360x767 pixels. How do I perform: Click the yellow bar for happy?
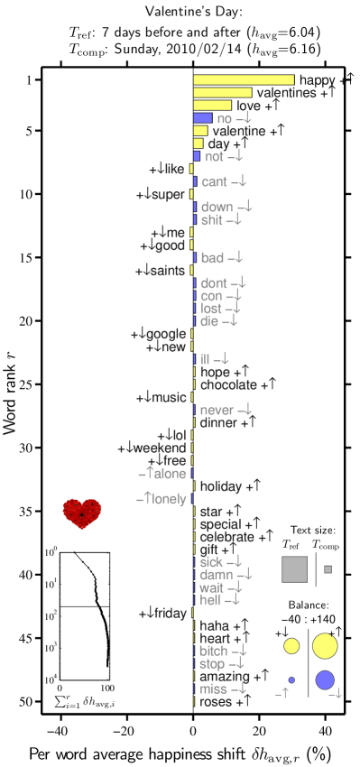(244, 80)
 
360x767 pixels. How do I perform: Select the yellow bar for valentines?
(222, 93)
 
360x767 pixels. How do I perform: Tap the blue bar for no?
(202, 118)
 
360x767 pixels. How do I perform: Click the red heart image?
(82, 513)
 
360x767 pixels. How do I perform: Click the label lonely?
(170, 499)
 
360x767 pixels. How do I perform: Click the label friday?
(170, 614)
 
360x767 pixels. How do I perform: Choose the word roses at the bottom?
(215, 701)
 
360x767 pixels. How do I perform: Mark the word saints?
(167, 271)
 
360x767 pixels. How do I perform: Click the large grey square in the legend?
(294, 569)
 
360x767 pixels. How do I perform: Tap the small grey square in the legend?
(328, 569)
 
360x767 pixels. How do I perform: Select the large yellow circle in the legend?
(325, 646)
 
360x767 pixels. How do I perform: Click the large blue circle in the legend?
(325, 680)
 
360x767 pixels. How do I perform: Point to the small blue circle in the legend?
(291, 679)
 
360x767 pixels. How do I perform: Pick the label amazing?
(225, 676)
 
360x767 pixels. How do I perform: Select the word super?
(168, 195)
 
